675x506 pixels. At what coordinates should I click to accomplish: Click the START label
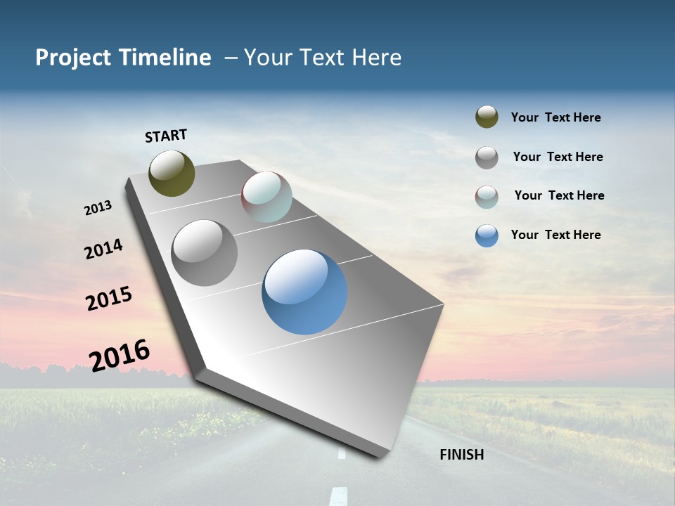coord(166,136)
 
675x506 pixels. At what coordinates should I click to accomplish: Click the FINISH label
coord(461,455)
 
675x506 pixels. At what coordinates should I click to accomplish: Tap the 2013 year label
coord(98,208)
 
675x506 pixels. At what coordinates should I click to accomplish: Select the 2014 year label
coord(103,249)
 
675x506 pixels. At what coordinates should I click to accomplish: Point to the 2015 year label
coord(109,299)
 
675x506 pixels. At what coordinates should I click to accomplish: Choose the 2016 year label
coord(120,356)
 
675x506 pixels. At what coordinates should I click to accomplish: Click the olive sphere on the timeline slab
coord(172,173)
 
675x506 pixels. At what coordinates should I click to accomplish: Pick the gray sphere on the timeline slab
coord(204,253)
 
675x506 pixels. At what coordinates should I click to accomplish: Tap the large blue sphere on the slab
coord(304,292)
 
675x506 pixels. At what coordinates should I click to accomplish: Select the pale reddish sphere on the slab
coord(266,197)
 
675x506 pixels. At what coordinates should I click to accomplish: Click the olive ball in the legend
coord(487,117)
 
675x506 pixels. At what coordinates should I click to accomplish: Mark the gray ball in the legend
coord(487,157)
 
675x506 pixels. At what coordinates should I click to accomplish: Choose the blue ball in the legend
coord(487,235)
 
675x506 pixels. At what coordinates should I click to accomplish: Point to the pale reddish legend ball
coord(487,197)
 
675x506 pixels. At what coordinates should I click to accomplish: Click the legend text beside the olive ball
coord(555,117)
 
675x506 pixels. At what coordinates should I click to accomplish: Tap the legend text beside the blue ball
coord(555,235)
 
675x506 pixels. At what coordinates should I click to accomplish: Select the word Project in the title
coord(74,58)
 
